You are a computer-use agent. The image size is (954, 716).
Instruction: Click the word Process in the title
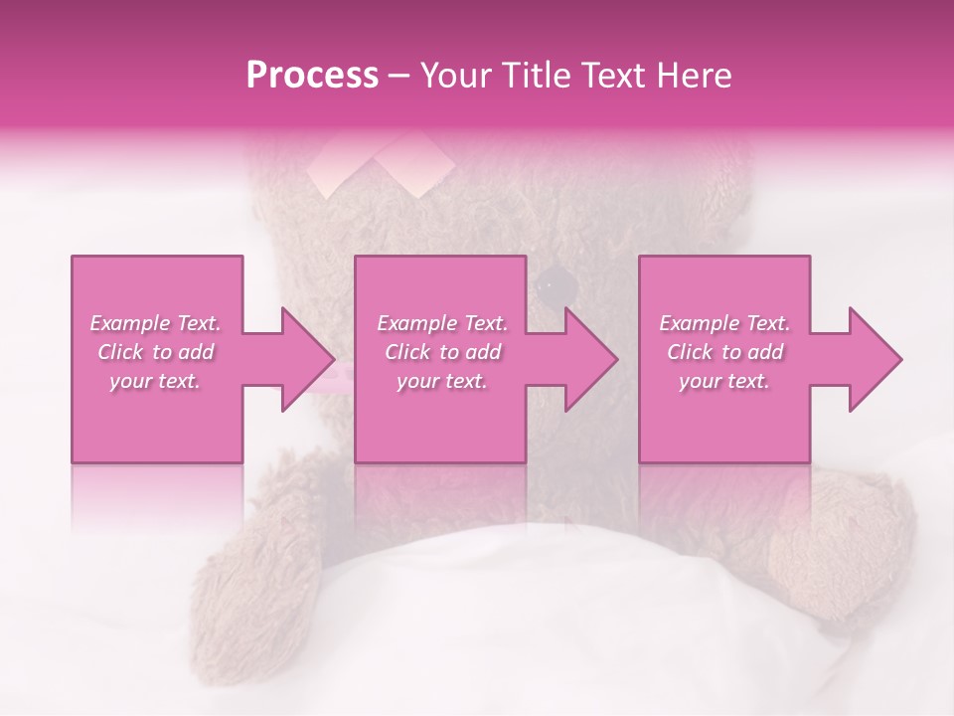click(x=312, y=76)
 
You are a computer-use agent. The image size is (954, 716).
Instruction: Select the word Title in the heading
click(x=543, y=76)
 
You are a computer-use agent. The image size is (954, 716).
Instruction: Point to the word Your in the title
click(x=458, y=76)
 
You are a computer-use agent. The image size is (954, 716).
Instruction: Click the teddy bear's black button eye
click(x=557, y=287)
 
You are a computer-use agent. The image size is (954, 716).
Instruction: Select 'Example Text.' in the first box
click(x=155, y=323)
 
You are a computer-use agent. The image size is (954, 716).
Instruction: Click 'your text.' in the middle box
click(x=441, y=381)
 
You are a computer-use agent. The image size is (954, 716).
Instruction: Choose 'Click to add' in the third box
click(x=725, y=352)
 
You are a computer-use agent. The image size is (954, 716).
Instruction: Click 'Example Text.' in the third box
click(x=724, y=323)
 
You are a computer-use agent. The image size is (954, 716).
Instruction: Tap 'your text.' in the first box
click(x=155, y=381)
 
